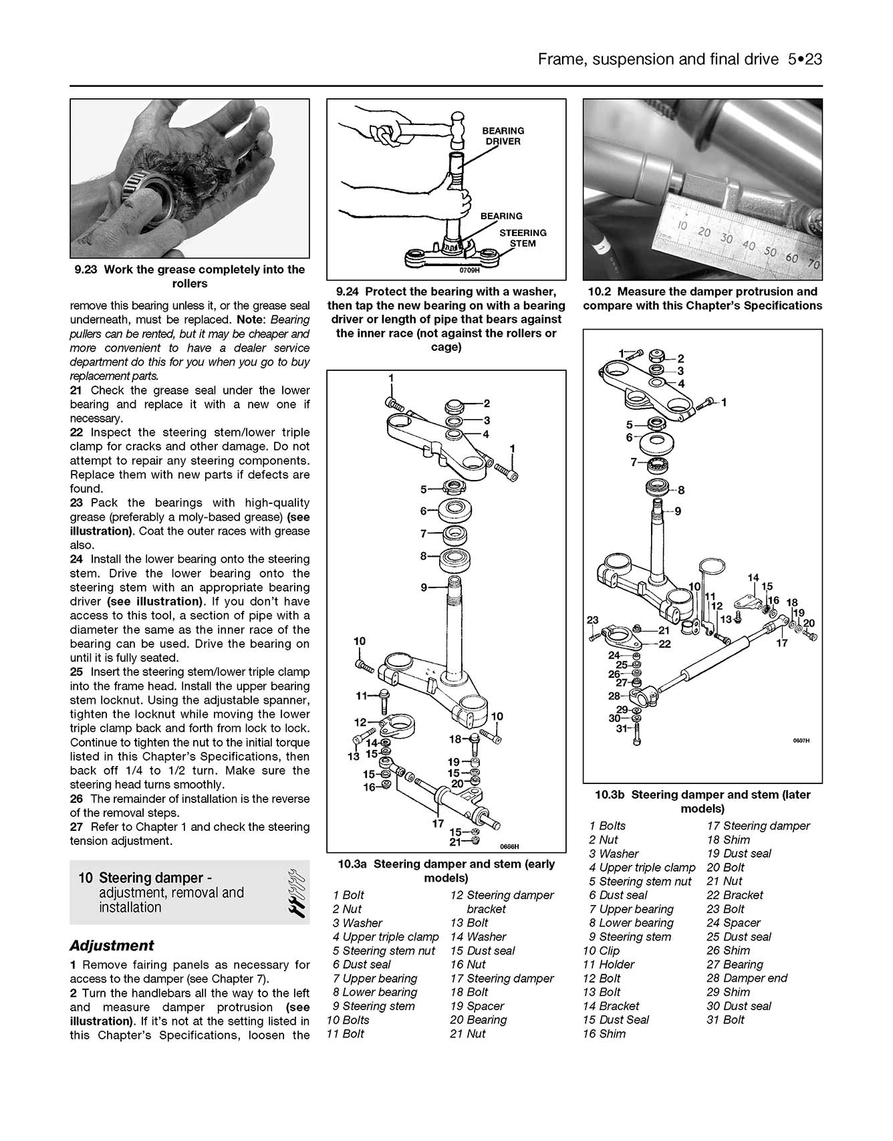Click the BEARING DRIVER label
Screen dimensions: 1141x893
(x=503, y=136)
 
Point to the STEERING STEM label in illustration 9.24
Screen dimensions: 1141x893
(x=523, y=238)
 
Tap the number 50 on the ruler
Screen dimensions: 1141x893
(x=770, y=252)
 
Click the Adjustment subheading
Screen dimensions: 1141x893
(x=112, y=945)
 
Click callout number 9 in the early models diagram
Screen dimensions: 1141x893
(x=424, y=588)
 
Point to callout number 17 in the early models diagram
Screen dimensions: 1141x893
(x=438, y=823)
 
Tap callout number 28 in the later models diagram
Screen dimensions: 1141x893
(x=614, y=696)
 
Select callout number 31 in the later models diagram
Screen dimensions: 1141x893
(x=622, y=728)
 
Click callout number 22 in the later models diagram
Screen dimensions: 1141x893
(x=664, y=644)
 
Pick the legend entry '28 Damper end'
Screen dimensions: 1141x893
(x=747, y=978)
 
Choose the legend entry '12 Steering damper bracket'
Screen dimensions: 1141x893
(x=501, y=902)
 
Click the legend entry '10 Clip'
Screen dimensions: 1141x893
(x=601, y=950)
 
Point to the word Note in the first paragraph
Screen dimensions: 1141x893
(x=250, y=320)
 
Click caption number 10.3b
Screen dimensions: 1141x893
(x=610, y=795)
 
